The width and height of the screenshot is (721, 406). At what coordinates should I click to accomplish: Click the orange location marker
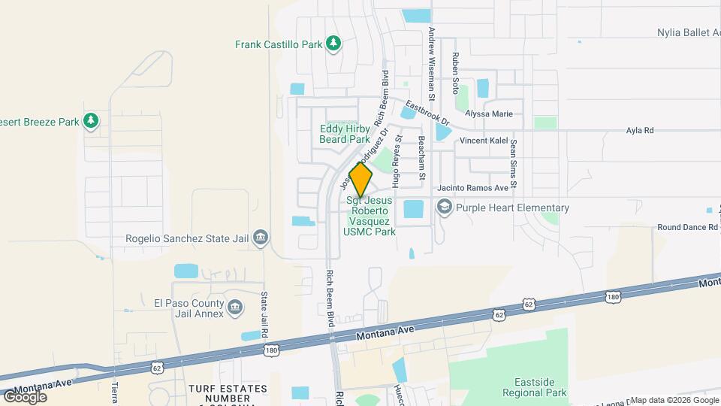point(361,180)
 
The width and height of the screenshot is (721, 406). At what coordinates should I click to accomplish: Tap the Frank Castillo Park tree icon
point(333,44)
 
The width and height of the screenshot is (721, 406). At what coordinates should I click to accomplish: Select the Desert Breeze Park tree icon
point(91,121)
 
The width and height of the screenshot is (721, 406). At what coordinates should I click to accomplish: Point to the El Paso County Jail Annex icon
point(234,308)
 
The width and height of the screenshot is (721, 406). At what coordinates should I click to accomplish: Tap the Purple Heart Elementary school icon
point(445,208)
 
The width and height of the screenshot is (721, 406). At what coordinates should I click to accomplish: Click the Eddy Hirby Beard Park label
point(345,134)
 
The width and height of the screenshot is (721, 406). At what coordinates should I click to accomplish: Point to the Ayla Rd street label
point(640,130)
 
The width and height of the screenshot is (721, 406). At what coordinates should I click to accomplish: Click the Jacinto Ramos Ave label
point(473,187)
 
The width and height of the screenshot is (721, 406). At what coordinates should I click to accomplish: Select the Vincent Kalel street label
point(484,141)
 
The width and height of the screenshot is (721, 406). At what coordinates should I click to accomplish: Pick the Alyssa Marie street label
point(488,114)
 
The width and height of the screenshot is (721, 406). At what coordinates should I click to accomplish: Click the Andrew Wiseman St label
point(432,64)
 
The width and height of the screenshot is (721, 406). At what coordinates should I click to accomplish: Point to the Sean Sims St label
point(514,163)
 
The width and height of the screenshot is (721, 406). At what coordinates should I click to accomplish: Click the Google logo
point(25,396)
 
